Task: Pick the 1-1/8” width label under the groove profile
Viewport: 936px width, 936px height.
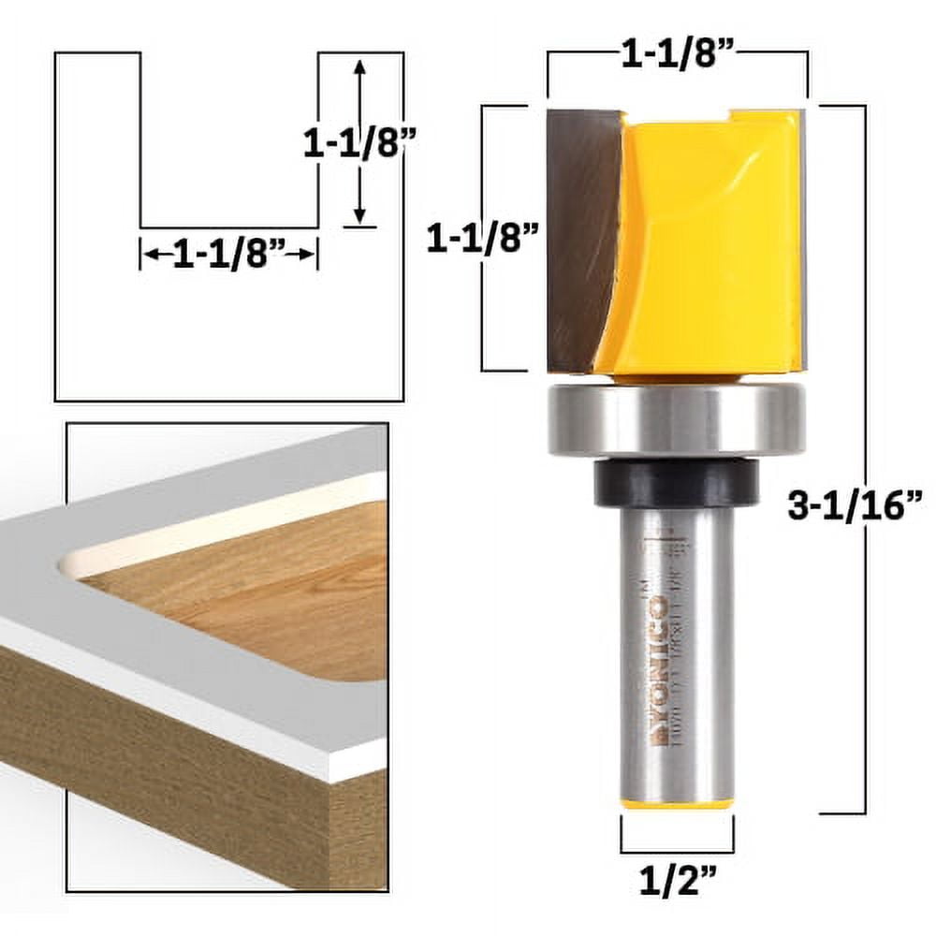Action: pos(228,255)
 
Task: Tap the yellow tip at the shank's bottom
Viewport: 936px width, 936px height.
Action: pos(677,804)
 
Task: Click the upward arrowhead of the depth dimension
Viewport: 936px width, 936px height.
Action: pos(359,66)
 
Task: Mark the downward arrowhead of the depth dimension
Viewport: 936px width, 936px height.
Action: pos(359,217)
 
